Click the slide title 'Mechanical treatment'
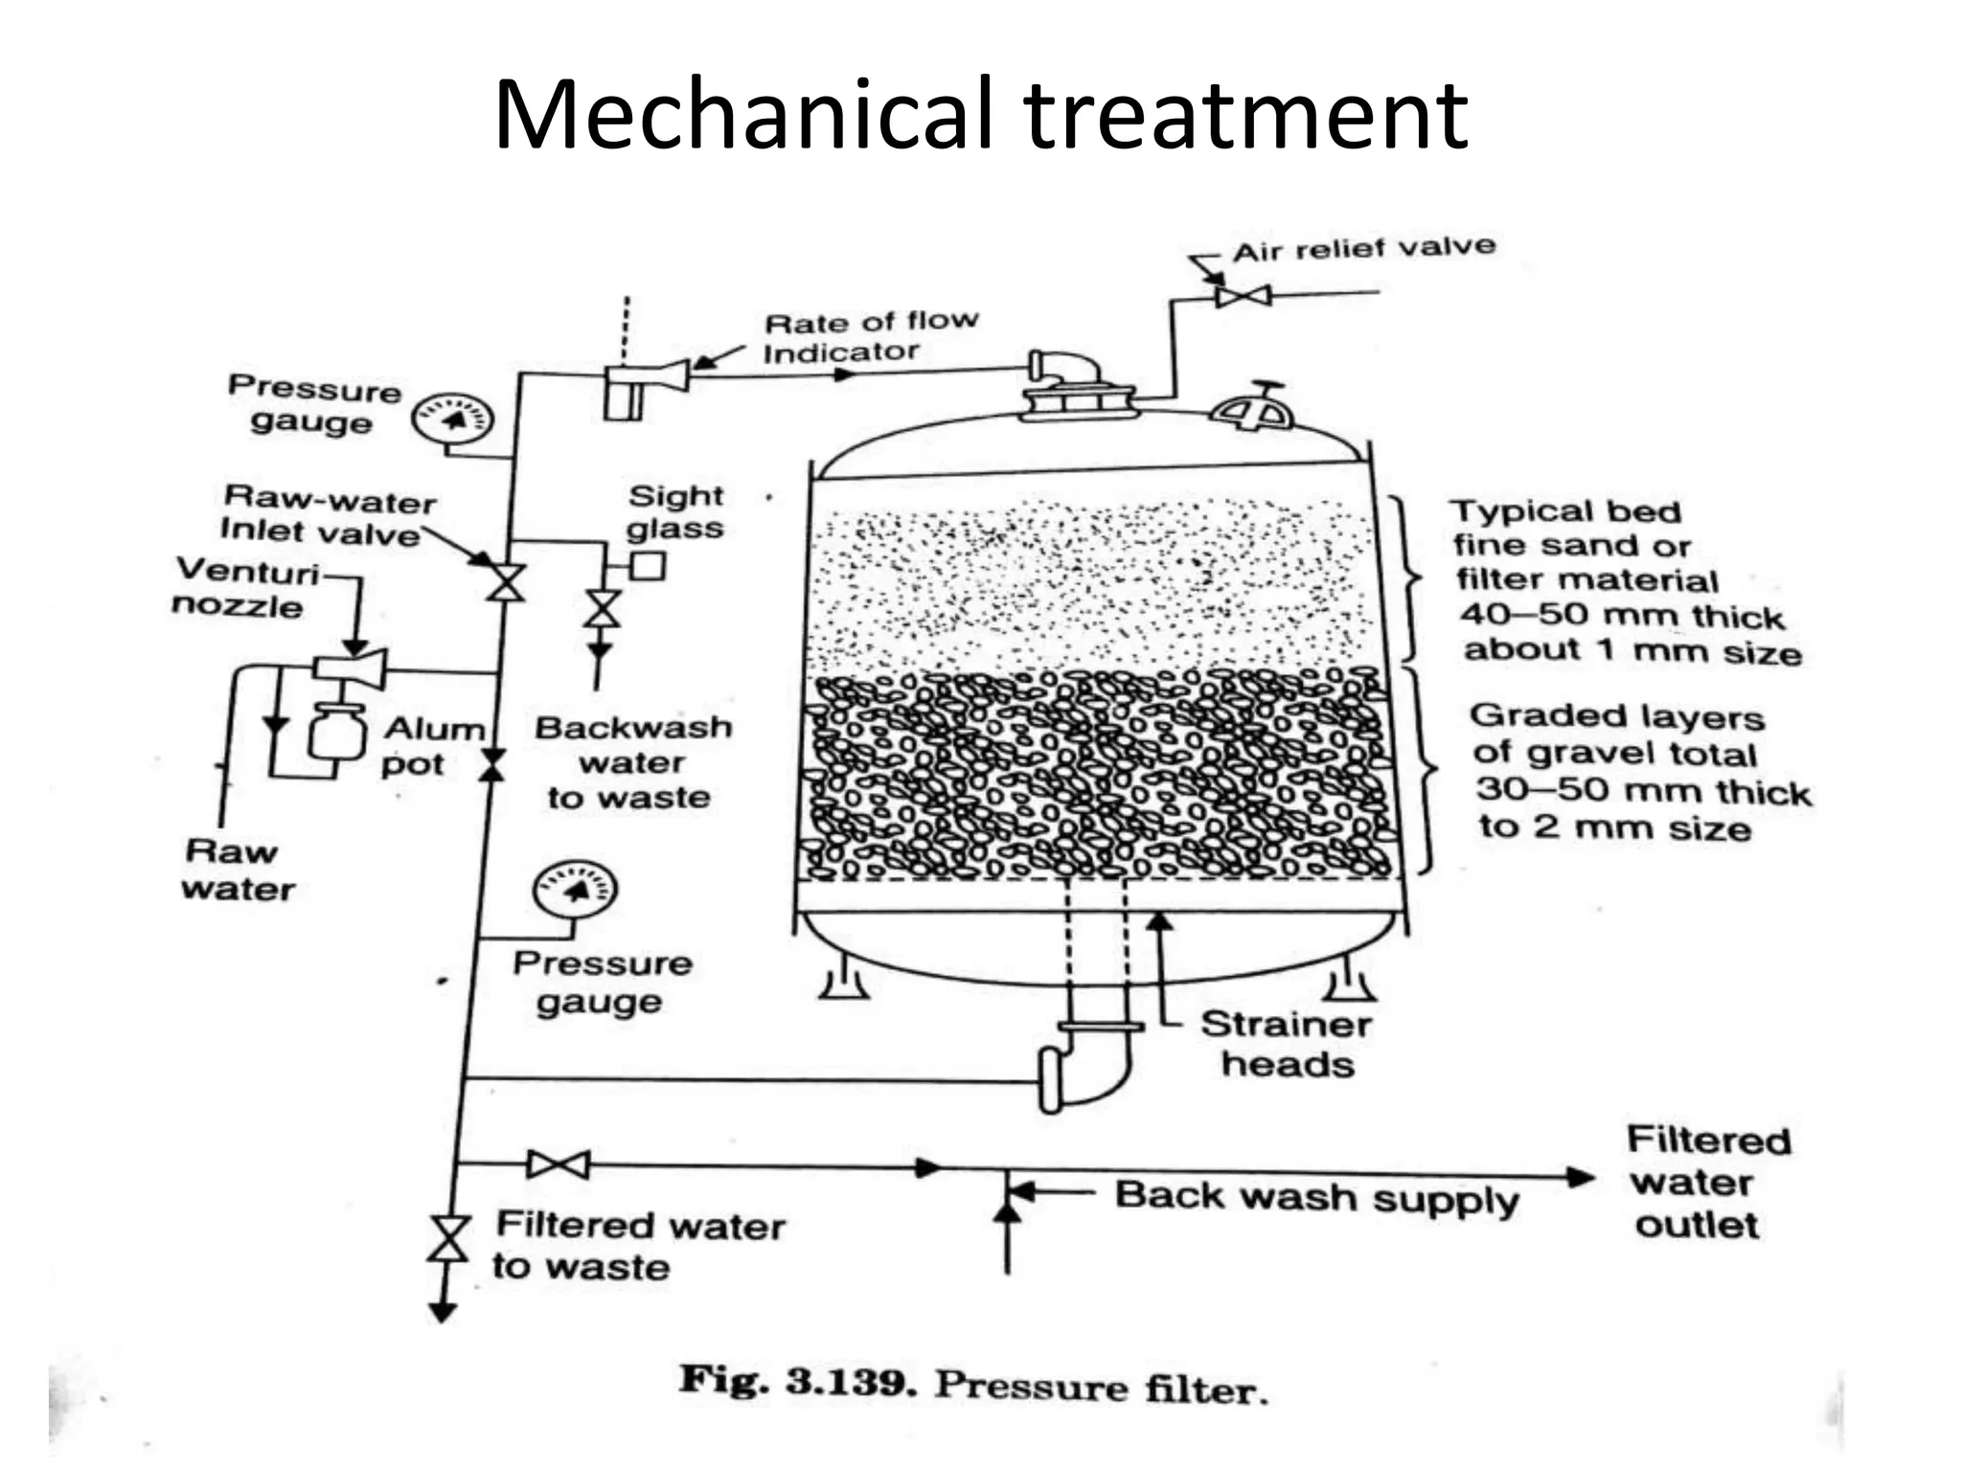pos(980,115)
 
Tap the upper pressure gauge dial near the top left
pos(452,419)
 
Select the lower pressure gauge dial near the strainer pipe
pos(574,889)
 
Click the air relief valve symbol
pos(1243,295)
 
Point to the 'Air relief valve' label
pos(1363,249)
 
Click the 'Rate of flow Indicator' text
pos(870,337)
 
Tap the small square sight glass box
pos(648,565)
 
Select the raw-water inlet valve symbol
pos(505,582)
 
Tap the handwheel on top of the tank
pos(1251,410)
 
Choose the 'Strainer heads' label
pos(1287,1044)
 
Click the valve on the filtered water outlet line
pos(559,1165)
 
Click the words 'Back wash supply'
pos(1316,1197)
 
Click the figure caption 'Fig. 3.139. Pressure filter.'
pos(973,1385)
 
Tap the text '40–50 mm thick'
pos(1621,615)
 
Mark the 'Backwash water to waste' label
pos(632,762)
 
